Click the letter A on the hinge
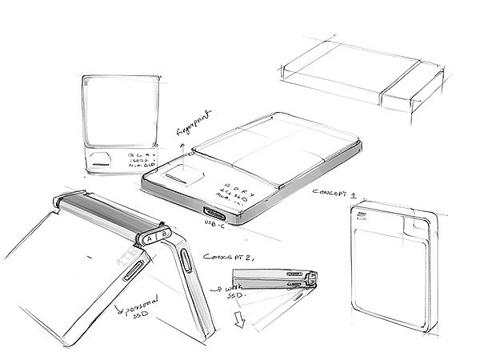[150, 238]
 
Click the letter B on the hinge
[163, 235]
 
